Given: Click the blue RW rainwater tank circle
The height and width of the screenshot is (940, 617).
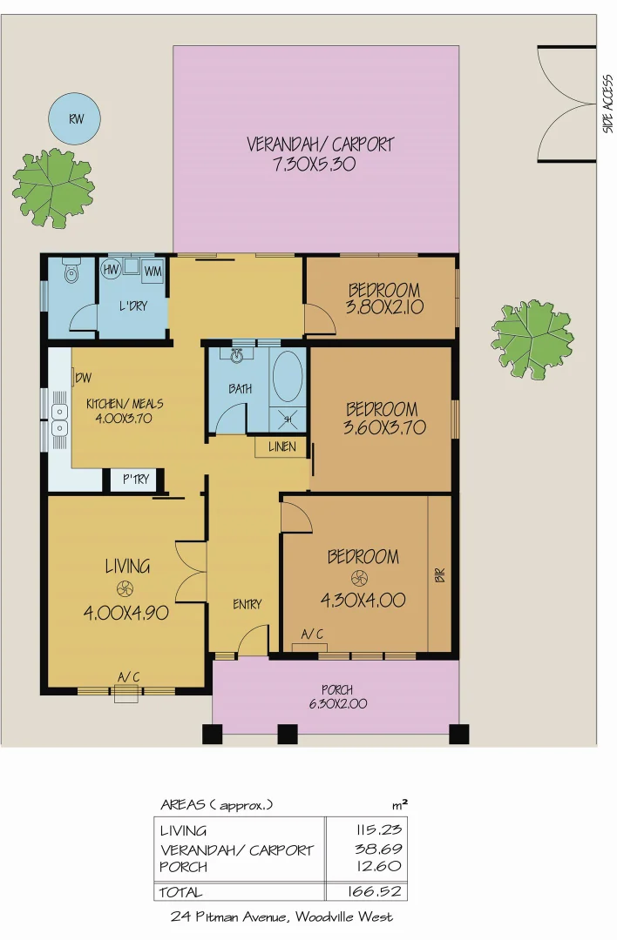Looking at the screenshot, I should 73,118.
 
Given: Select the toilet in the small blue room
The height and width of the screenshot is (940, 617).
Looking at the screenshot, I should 72,274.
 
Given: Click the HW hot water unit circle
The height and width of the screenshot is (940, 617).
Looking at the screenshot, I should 112,271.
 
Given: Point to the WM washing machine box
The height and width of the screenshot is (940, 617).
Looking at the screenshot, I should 153,272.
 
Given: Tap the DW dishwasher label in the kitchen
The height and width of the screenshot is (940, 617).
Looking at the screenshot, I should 84,378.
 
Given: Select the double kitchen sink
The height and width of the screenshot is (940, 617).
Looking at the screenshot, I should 60,420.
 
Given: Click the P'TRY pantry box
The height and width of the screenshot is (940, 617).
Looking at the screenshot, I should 134,480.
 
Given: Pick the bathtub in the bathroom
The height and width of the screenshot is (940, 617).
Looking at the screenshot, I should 288,377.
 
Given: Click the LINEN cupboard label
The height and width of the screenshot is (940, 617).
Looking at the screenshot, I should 281,447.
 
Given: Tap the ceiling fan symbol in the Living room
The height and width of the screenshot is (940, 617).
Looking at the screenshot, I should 125,587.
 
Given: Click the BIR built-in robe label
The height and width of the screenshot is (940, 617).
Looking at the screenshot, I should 439,575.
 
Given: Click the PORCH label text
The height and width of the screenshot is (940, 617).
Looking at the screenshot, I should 336,690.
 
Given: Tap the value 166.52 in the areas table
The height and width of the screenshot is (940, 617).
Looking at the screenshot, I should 366,892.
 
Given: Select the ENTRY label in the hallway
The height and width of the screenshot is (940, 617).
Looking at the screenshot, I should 247,604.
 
